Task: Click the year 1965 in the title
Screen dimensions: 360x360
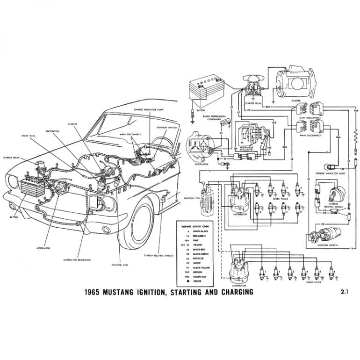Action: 94,292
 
